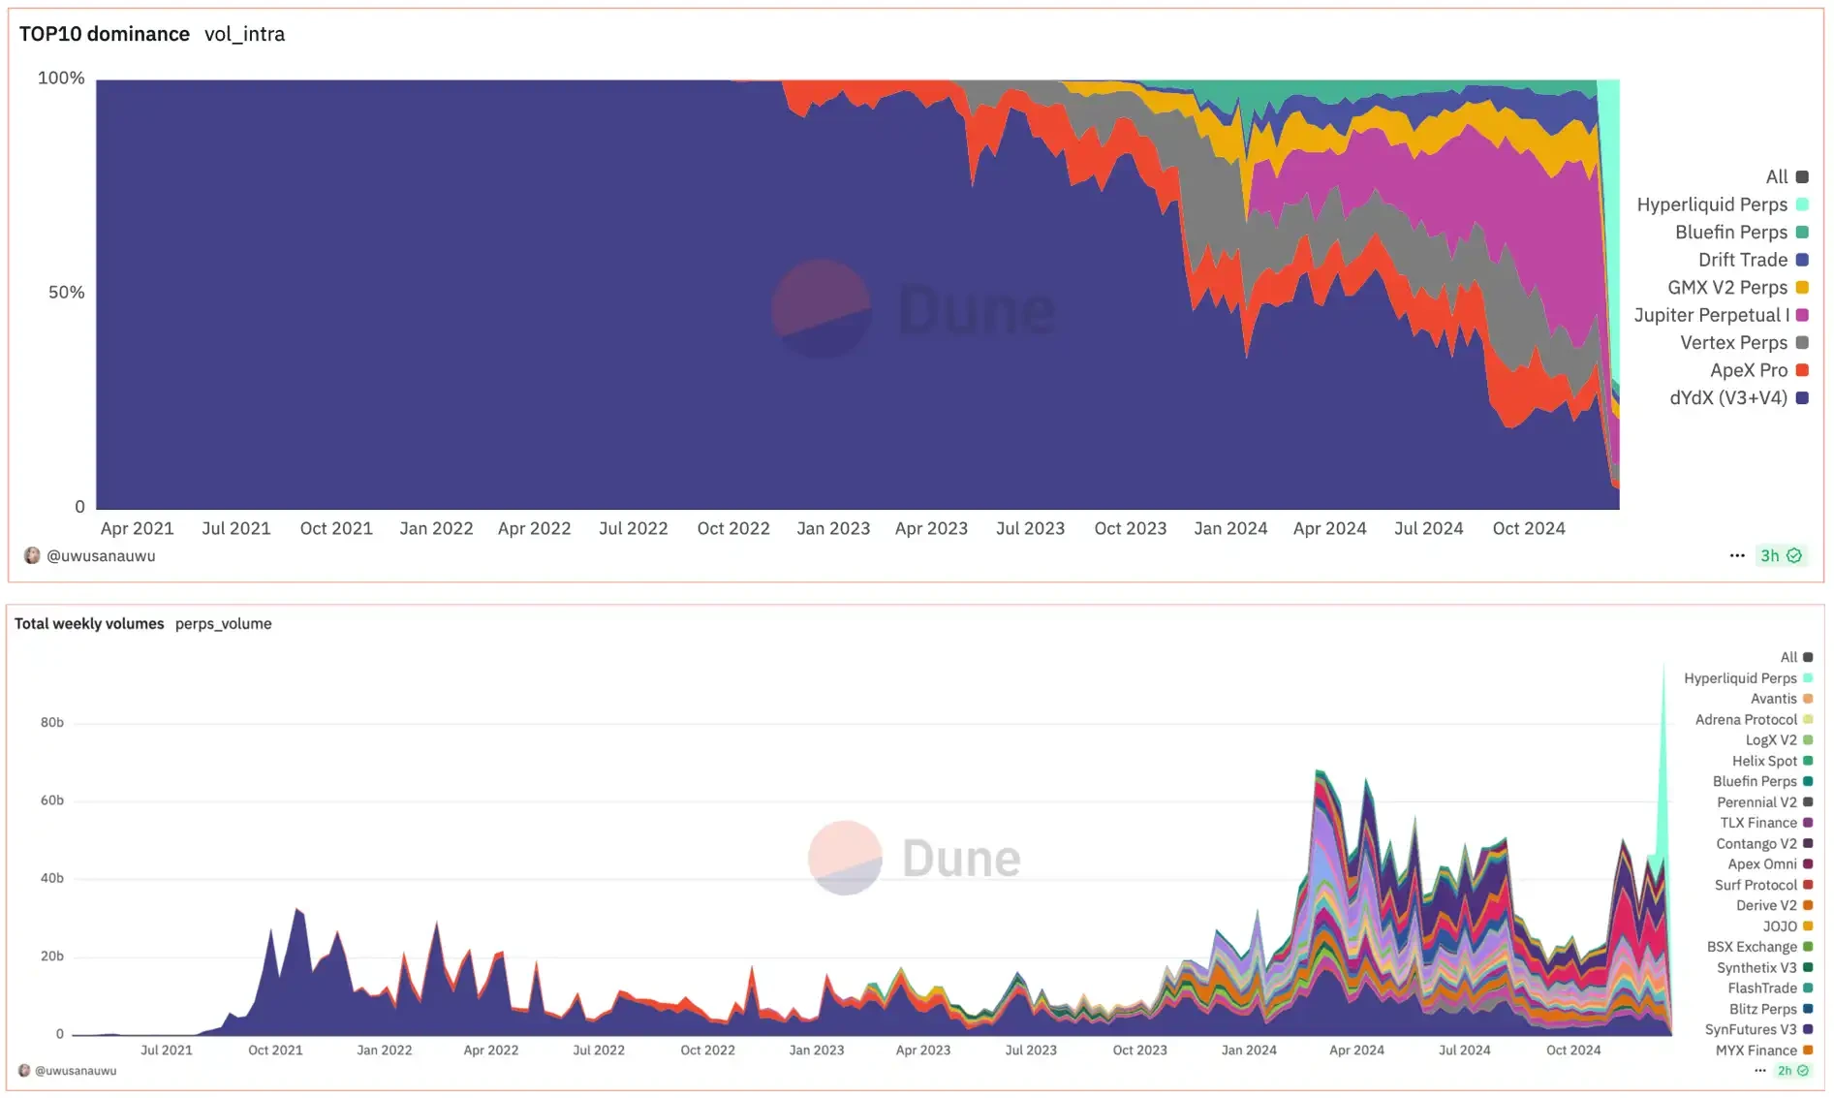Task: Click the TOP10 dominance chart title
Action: [x=105, y=34]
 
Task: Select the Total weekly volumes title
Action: [x=89, y=624]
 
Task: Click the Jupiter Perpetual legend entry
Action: [x=1711, y=315]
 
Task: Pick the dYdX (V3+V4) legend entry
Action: [x=1728, y=398]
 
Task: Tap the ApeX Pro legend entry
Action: [x=1748, y=370]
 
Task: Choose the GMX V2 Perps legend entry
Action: [x=1726, y=288]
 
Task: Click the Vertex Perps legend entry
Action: [x=1733, y=343]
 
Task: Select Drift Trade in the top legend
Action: [x=1742, y=260]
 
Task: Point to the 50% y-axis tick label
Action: [x=66, y=293]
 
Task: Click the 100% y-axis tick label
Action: [x=61, y=78]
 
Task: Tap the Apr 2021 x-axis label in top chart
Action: [x=137, y=529]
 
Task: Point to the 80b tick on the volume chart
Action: [x=52, y=723]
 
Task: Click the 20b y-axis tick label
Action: [x=52, y=957]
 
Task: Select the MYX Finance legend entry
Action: [x=1756, y=1051]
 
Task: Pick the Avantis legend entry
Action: [x=1773, y=699]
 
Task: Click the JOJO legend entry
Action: [x=1780, y=926]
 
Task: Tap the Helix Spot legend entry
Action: [x=1764, y=762]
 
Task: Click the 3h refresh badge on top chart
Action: [x=1780, y=556]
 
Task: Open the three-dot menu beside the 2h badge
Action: [x=1759, y=1071]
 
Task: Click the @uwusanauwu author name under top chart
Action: [x=101, y=556]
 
